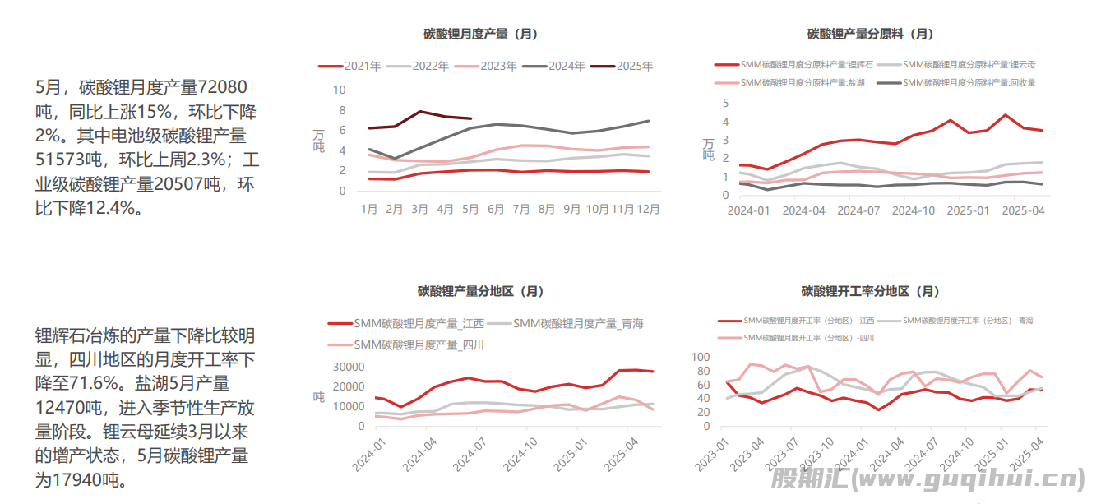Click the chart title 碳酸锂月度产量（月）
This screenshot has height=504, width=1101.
pyautogui.click(x=480, y=35)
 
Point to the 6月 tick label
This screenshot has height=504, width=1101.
pyautogui.click(x=496, y=210)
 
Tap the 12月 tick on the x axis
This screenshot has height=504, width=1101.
pyautogui.click(x=649, y=210)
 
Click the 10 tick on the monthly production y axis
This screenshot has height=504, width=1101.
pyautogui.click(x=340, y=89)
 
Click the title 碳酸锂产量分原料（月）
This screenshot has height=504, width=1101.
pyautogui.click(x=870, y=35)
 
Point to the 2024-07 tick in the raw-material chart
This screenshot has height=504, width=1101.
pyautogui.click(x=857, y=210)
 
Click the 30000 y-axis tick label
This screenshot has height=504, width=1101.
pyautogui.click(x=348, y=367)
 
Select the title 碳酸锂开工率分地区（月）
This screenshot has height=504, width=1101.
pyautogui.click(x=870, y=291)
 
